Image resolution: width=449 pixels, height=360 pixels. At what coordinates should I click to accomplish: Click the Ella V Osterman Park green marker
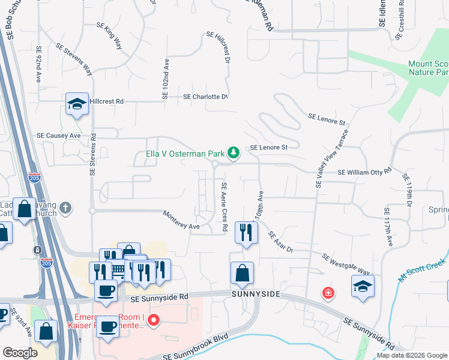[x=234, y=154]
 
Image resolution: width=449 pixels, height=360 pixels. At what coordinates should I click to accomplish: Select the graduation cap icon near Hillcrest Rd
[x=77, y=104]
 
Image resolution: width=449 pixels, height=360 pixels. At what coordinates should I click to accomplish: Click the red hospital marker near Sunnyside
[x=328, y=293]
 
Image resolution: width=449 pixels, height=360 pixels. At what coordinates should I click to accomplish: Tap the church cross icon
[x=65, y=208]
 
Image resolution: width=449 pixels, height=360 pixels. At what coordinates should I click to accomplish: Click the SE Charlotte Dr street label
[x=206, y=97]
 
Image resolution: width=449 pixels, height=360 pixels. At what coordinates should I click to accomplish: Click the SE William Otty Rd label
[x=364, y=172]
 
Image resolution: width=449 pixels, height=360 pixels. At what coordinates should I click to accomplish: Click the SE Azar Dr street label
[x=280, y=242]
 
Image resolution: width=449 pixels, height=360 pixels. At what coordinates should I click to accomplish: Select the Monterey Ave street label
[x=181, y=220]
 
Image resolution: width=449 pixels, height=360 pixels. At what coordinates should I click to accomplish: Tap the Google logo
[x=19, y=352]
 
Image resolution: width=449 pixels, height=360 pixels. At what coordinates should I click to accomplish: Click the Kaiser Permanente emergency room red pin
[x=154, y=320]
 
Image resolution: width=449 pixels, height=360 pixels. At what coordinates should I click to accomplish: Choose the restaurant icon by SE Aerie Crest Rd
[x=246, y=232]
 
